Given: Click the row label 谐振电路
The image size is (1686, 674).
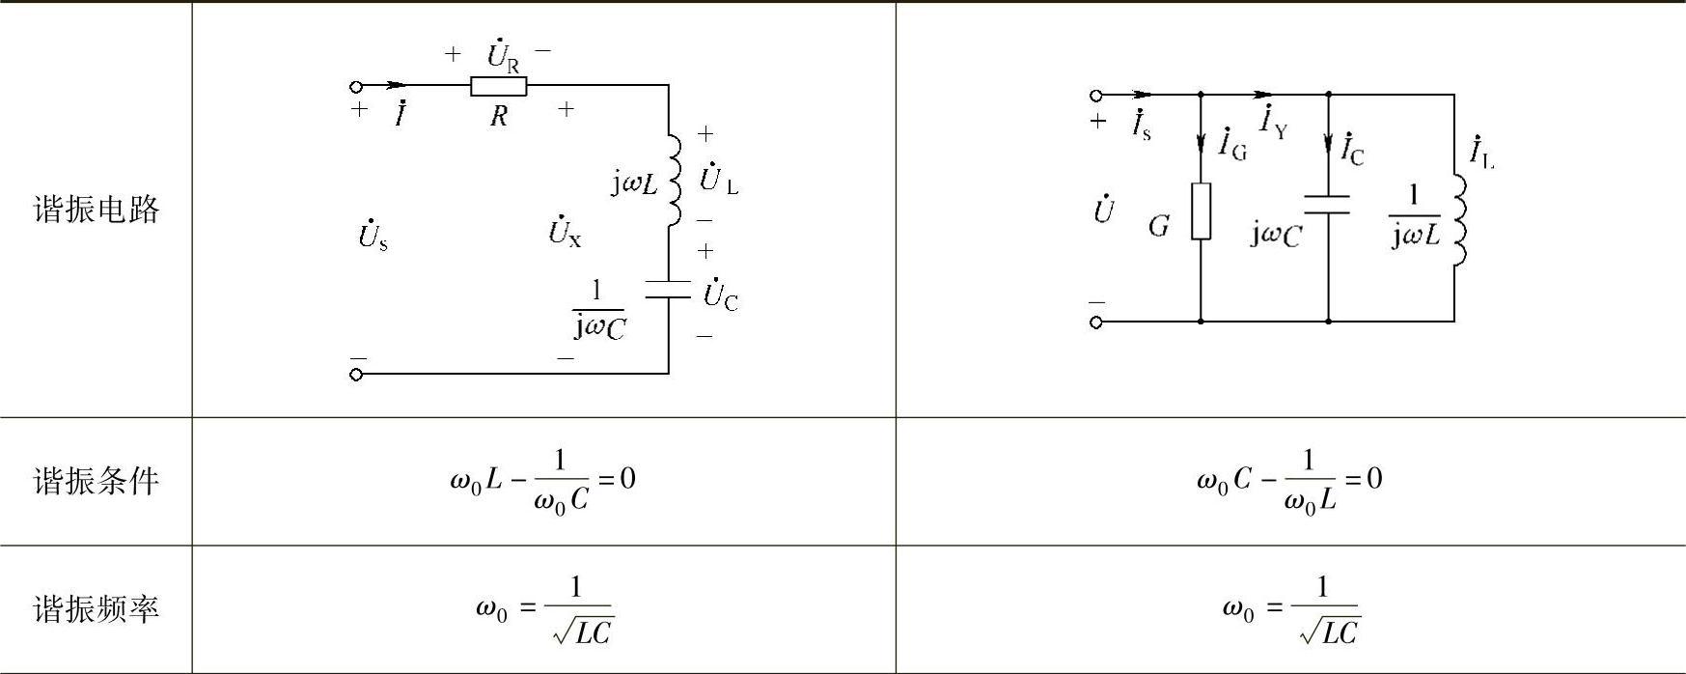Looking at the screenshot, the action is pos(96,210).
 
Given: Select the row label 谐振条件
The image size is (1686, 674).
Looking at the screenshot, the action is pos(96,481).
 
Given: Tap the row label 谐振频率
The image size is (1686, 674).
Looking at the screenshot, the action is pos(96,609).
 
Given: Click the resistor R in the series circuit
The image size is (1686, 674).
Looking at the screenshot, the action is pos(498,87).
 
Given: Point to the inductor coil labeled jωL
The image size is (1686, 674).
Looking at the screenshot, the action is pos(674,180).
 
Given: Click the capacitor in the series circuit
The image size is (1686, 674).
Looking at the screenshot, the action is pos(668,290).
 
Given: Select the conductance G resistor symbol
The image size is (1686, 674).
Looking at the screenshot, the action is pos(1201,211).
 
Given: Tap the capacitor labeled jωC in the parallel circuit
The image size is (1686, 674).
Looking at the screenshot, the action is pos(1328,205).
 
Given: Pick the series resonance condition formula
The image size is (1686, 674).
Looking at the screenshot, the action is pos(542,481).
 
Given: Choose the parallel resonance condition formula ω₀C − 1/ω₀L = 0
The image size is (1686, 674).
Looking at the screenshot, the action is pos(1289,480).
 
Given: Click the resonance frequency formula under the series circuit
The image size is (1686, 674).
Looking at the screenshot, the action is pos(545,609).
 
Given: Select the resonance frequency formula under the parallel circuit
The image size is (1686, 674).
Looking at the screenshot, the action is pos(1291,609).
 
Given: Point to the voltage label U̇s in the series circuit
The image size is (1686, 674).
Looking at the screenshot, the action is pos(373,235).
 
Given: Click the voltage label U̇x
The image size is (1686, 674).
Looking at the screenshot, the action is pos(565,231).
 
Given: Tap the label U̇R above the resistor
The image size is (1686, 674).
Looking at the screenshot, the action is pos(502,55).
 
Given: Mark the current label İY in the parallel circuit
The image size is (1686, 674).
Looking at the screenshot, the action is pos(1273,123).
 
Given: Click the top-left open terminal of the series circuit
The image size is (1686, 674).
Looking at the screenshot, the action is pos(356,86).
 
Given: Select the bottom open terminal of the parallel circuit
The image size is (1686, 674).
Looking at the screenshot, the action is pos(1095,322).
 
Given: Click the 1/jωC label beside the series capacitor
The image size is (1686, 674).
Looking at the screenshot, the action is pos(599,311).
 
